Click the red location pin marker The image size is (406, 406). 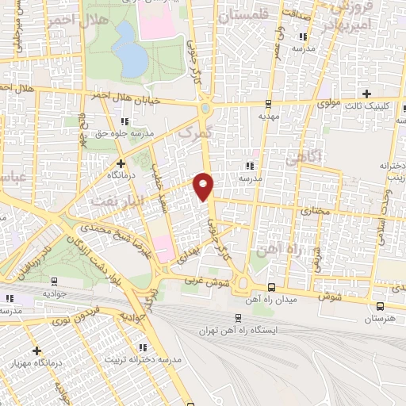(204, 186)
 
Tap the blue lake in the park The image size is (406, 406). (128, 49)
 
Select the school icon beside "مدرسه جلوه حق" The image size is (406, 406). (123, 121)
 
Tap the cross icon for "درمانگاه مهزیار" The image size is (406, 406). (36, 350)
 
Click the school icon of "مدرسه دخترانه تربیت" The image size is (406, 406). (142, 348)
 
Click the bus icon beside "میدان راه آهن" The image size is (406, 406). (272, 288)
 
